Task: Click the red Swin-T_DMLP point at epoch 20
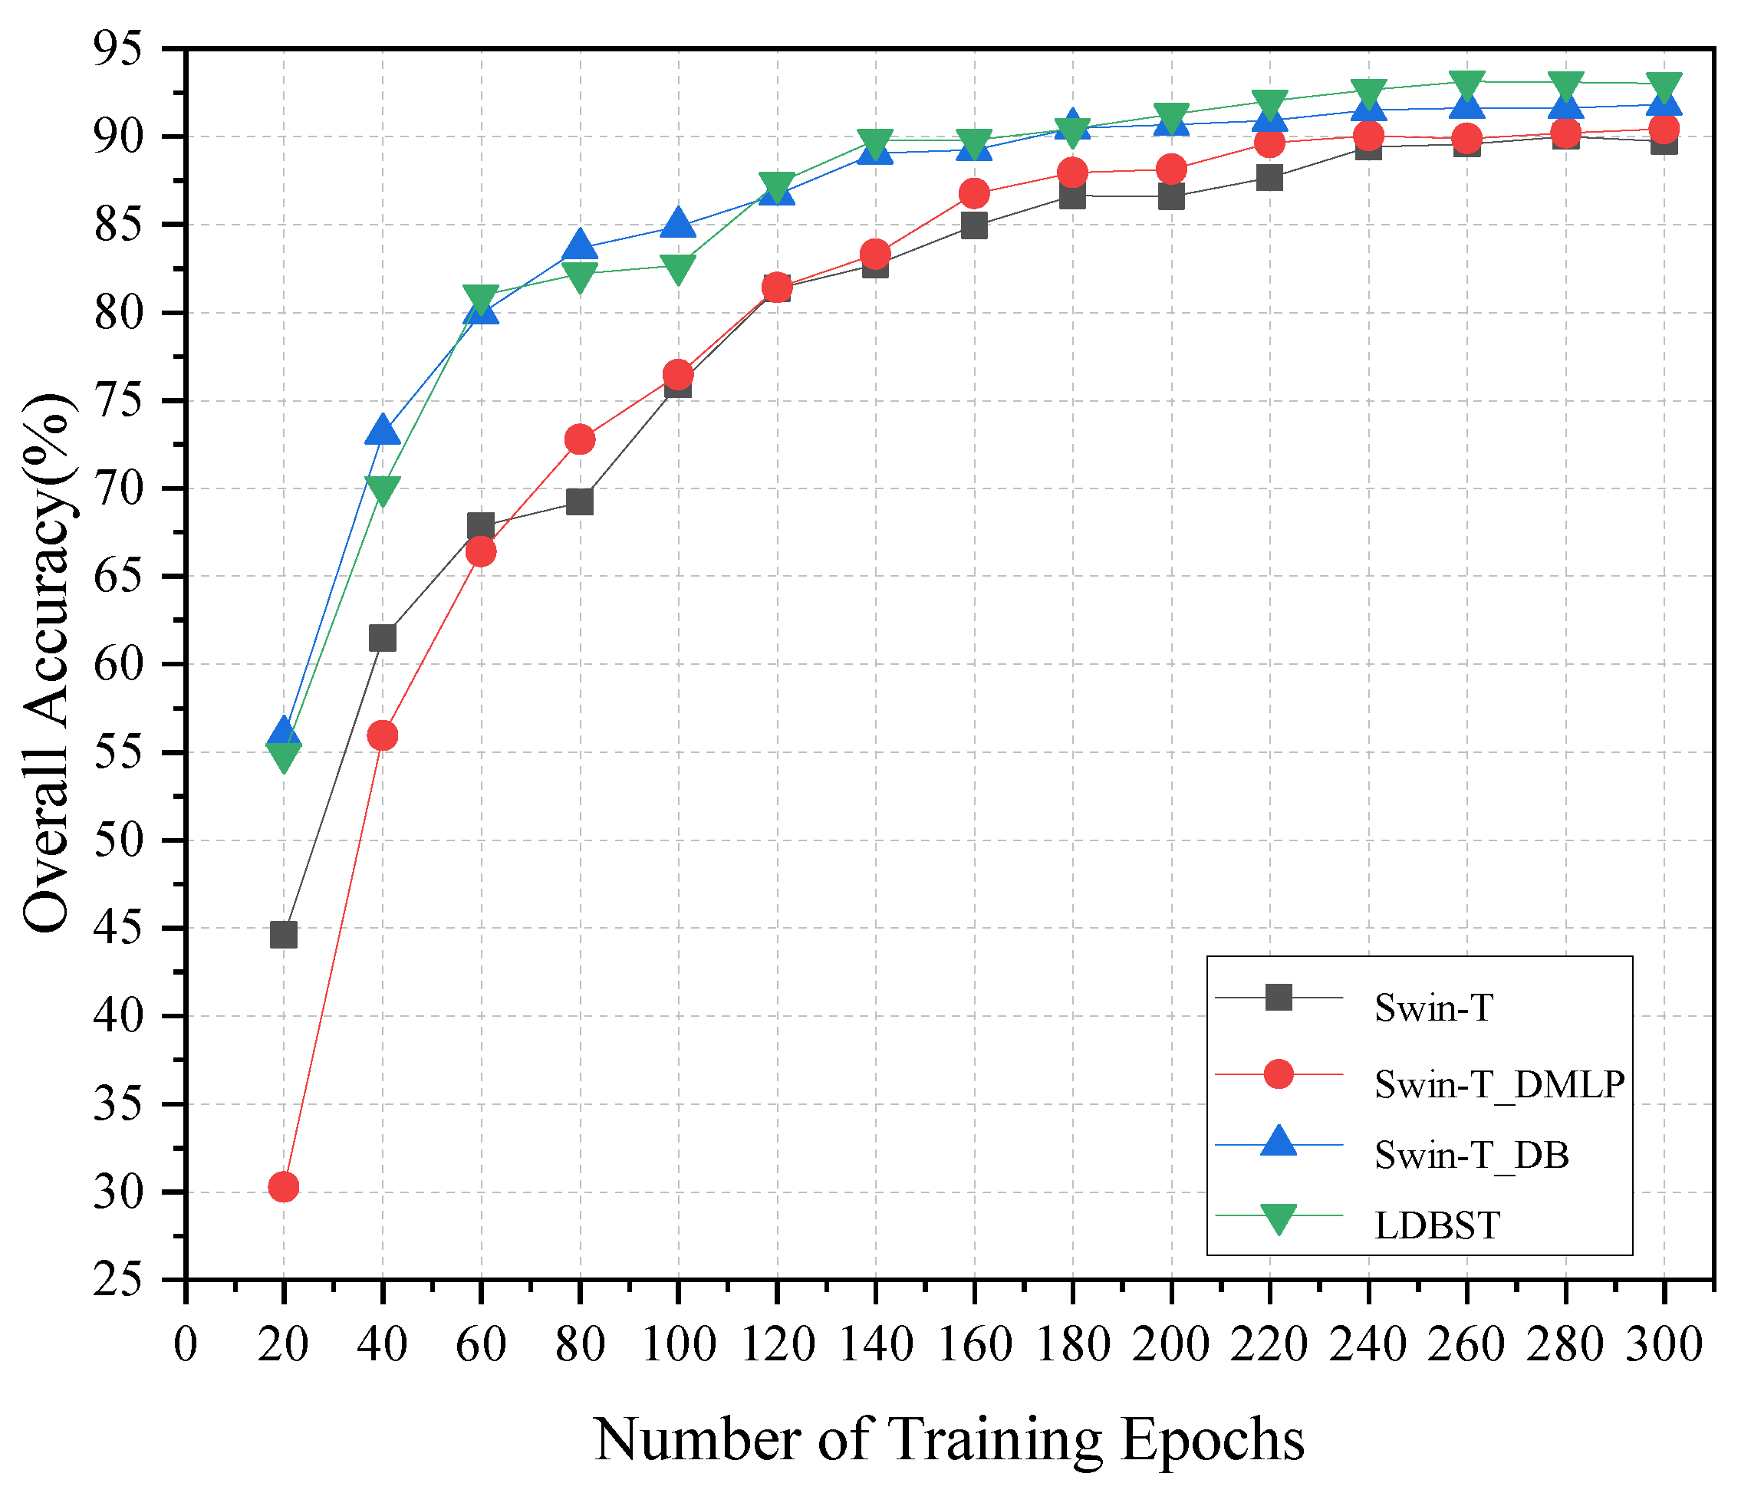pyautogui.click(x=283, y=1187)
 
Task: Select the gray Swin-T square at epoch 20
pyautogui.click(x=283, y=936)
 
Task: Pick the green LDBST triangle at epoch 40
pyautogui.click(x=382, y=489)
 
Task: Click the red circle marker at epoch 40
pyautogui.click(x=382, y=736)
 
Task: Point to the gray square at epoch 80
pyautogui.click(x=580, y=502)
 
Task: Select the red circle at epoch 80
pyautogui.click(x=580, y=439)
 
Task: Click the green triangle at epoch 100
pyautogui.click(x=678, y=268)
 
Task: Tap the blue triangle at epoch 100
pyautogui.click(x=678, y=224)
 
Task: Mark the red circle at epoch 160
pyautogui.click(x=974, y=193)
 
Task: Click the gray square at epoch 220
pyautogui.click(x=1269, y=177)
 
